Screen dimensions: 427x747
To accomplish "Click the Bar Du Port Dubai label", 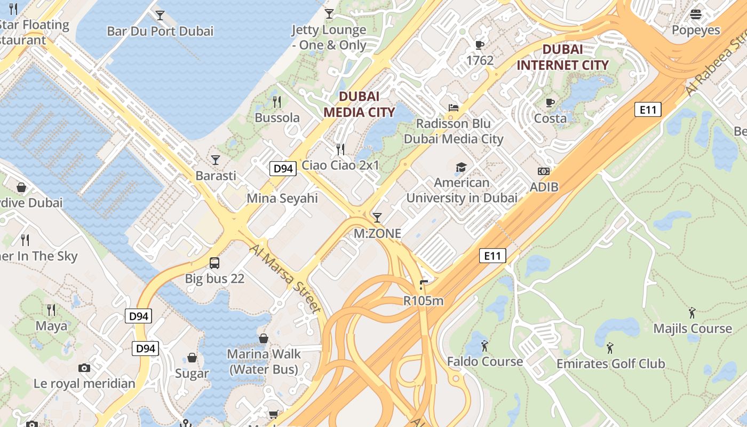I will coord(160,31).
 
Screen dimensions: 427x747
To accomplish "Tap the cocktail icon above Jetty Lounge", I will coord(329,13).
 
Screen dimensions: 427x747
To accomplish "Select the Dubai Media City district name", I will coord(359,104).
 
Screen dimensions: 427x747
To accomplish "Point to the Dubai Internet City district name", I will coord(562,57).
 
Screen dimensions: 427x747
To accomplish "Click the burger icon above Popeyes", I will coord(696,14).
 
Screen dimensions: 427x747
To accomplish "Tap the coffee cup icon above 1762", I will coord(479,45).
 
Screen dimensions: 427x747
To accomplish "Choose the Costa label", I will coord(550,118).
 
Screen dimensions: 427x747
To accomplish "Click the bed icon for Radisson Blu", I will coord(453,108).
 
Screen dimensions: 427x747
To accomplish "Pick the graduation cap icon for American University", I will coord(461,167).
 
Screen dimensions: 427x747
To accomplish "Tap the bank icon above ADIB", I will coord(544,171).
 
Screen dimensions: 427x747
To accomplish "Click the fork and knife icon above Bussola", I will coord(277,101).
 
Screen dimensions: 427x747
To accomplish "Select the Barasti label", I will coord(216,176).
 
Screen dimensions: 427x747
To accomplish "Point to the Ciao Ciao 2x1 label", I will coord(340,165).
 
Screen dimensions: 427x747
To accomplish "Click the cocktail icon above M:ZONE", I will coord(377,217).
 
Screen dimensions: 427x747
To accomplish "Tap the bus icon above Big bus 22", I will coord(214,263).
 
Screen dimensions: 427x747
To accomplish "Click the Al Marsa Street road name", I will coord(285,279).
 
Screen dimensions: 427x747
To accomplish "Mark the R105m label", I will coord(423,301).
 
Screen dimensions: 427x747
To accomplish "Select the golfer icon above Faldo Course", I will coord(484,346).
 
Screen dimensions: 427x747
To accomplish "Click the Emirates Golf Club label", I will coord(610,364).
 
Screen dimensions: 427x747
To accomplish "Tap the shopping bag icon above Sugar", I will coord(192,358).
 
